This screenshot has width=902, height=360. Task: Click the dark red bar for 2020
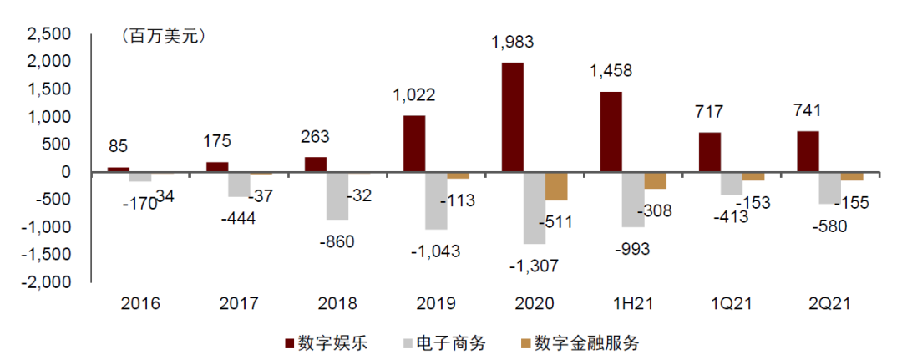point(512,117)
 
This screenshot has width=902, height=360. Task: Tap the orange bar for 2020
point(556,186)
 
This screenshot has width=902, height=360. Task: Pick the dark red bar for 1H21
point(611,132)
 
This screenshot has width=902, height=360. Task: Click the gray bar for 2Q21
point(829,188)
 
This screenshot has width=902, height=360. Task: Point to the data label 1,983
point(513,42)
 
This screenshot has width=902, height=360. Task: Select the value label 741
point(808,111)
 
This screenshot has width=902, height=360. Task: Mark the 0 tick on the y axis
point(73,172)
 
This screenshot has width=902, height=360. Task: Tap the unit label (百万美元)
point(163,36)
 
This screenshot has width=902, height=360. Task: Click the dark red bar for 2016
point(119,170)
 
